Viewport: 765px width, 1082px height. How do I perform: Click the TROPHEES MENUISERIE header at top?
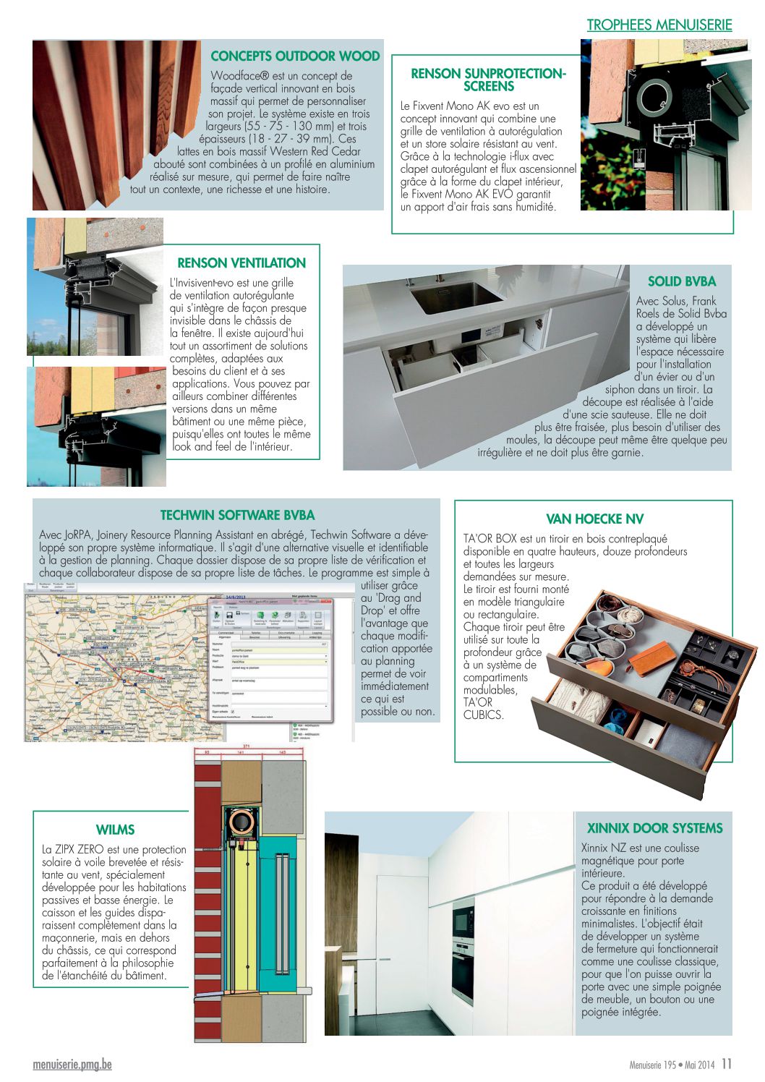(x=659, y=25)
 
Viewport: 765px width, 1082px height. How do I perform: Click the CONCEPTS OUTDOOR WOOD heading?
(x=295, y=56)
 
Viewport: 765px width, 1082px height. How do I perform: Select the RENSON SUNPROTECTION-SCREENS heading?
(x=488, y=80)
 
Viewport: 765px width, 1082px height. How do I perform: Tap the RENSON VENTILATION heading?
(x=242, y=263)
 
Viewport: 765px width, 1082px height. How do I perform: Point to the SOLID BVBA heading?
(x=681, y=282)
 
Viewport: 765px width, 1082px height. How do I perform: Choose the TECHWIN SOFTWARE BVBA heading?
(x=237, y=516)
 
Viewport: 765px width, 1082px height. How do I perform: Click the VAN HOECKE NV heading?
(x=594, y=519)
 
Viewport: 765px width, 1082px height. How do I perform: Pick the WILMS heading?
(x=115, y=830)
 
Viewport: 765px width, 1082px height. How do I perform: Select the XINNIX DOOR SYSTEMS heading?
(x=654, y=829)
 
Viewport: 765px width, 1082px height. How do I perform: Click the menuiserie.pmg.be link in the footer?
(x=72, y=1065)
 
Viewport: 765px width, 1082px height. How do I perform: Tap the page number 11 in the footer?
(x=727, y=1064)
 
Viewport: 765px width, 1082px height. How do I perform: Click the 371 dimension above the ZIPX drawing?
(x=246, y=746)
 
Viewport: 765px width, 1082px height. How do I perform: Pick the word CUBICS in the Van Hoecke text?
(x=482, y=715)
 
